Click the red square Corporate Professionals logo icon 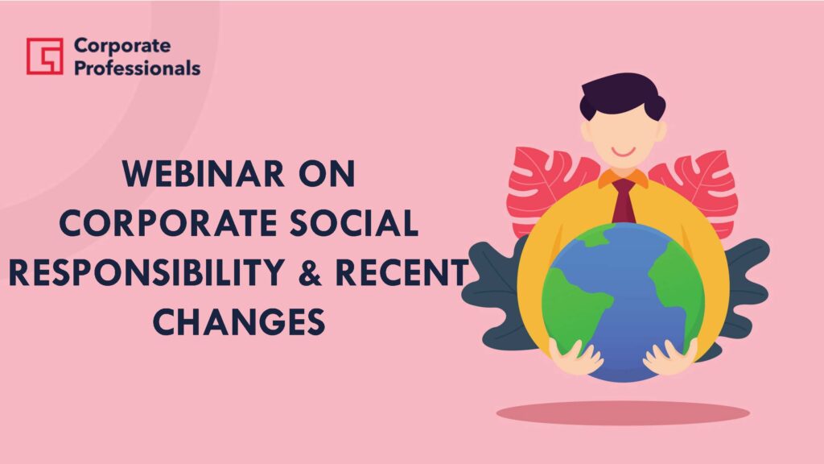(x=45, y=56)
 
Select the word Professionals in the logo (x=137, y=68)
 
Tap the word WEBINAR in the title (x=204, y=174)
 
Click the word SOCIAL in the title (x=354, y=223)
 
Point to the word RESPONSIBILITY (x=146, y=272)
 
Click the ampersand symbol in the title (x=310, y=272)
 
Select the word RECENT (x=402, y=272)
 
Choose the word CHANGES (x=239, y=322)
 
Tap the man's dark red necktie (x=624, y=201)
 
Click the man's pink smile (x=624, y=152)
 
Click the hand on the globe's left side (x=576, y=357)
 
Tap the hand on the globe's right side (x=670, y=357)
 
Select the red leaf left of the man (x=546, y=187)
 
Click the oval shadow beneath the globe (x=624, y=413)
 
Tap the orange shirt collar (x=624, y=178)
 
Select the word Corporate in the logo (x=122, y=46)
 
